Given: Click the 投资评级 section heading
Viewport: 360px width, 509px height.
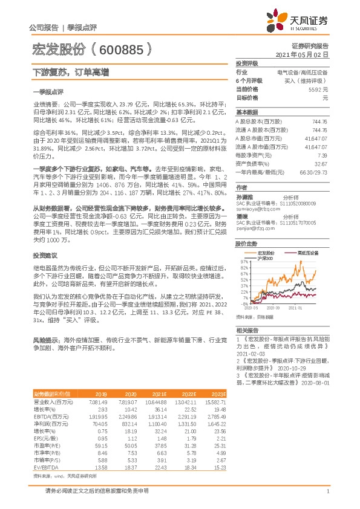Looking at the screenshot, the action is click(x=247, y=63).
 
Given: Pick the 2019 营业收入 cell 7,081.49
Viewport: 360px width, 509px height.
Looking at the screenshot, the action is click(x=97, y=401).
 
